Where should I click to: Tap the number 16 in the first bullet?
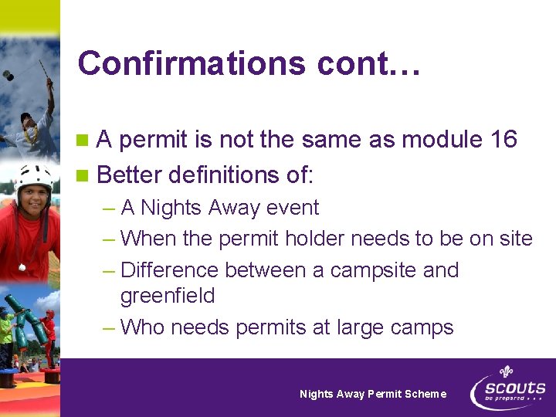pyautogui.click(x=503, y=140)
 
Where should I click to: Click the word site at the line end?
pyautogui.click(x=516, y=239)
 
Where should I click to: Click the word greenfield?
pyautogui.click(x=168, y=296)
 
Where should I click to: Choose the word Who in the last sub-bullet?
pyautogui.click(x=143, y=327)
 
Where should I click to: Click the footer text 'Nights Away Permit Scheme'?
pyautogui.click(x=373, y=394)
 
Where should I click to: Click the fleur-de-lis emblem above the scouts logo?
pyautogui.click(x=507, y=373)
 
